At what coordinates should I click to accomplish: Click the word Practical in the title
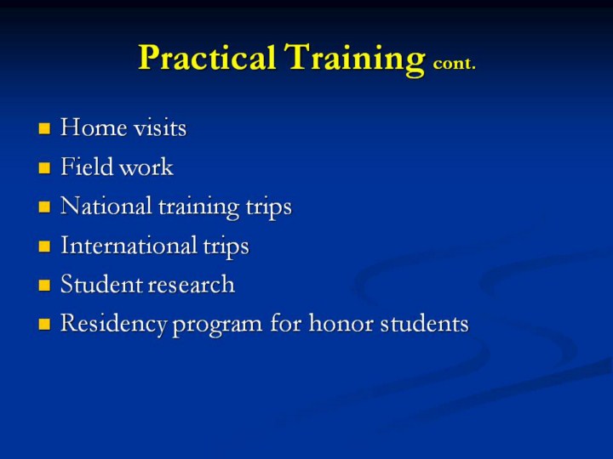207,58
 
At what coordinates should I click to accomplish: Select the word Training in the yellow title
354,59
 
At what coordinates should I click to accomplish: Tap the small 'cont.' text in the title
455,63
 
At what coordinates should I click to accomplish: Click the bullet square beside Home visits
44,128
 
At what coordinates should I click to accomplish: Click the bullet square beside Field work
44,167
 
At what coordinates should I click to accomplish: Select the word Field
86,167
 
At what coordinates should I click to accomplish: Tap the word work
146,167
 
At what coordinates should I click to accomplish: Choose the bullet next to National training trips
44,207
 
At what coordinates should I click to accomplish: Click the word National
106,206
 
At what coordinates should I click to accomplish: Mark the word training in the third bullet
198,207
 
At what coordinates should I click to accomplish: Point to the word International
129,245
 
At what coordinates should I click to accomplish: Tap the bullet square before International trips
44,246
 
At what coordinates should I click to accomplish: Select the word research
189,285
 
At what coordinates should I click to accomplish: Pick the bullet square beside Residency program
44,324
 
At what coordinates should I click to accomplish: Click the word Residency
114,324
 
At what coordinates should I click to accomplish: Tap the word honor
341,323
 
